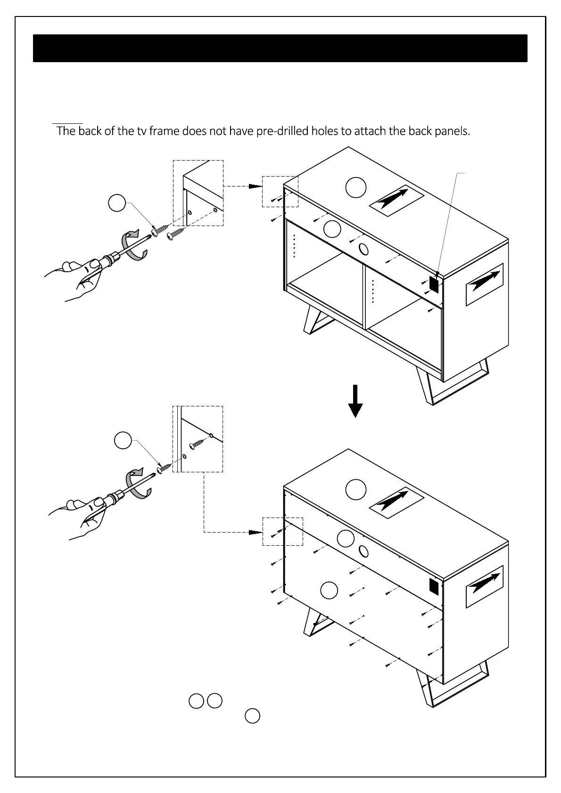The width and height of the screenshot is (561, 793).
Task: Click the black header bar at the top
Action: (x=280, y=48)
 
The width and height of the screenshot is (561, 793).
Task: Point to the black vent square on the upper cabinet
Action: (x=434, y=283)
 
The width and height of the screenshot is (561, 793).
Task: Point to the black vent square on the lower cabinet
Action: (x=434, y=586)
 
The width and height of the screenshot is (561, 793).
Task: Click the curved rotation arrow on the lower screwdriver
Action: (x=139, y=483)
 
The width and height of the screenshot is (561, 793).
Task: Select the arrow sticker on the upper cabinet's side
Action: (x=485, y=284)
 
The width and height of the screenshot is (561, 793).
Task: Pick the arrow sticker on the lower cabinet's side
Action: (x=485, y=586)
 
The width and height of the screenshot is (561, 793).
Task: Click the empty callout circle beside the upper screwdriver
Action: (x=117, y=203)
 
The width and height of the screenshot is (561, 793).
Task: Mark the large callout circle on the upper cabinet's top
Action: (x=355, y=187)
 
